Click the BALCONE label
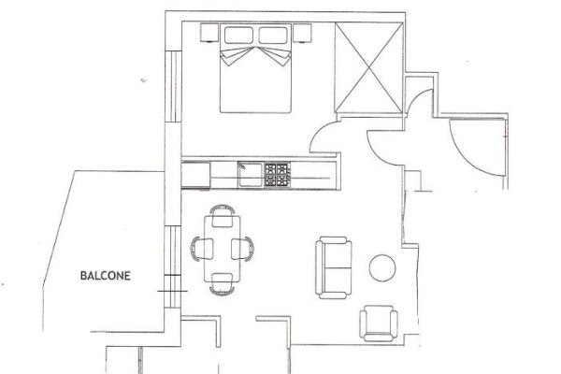coord(105,276)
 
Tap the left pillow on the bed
coord(238,36)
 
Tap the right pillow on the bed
coord(273,36)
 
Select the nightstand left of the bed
coord(209,33)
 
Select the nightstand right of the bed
coord(302,33)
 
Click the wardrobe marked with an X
coord(369,67)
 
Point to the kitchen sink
coord(251,174)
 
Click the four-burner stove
coord(278,175)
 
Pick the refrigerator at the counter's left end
coord(195,175)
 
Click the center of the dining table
coord(223,248)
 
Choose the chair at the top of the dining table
coord(223,216)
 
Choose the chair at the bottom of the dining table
coord(223,284)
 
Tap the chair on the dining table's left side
coord(202,249)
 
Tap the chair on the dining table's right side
coord(242,249)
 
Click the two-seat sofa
coord(334,267)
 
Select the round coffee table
coord(382,267)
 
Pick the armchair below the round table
coord(379,324)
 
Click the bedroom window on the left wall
coord(173,86)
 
